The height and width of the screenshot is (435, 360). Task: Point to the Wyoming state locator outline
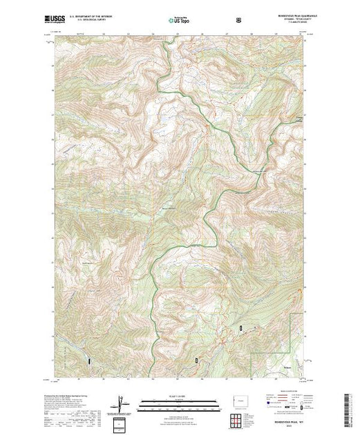tap(238, 403)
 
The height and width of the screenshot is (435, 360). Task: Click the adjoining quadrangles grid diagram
tap(238, 420)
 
